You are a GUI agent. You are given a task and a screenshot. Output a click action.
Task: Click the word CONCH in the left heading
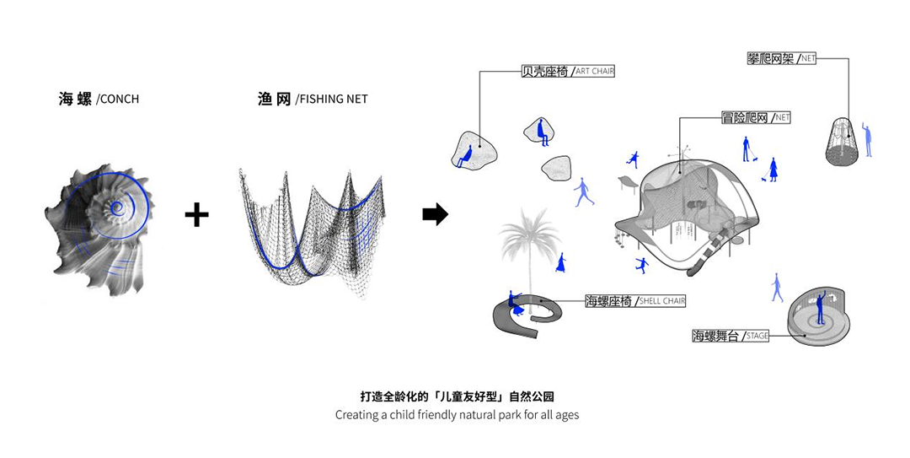click(x=119, y=100)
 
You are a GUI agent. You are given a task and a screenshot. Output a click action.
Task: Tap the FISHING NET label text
click(x=332, y=100)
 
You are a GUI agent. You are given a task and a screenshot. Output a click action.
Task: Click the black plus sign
click(x=196, y=214)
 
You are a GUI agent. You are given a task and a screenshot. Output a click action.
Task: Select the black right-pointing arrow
click(x=435, y=214)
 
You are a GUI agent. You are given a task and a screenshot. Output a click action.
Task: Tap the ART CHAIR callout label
click(x=595, y=72)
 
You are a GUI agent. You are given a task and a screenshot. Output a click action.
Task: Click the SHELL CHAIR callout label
click(x=662, y=301)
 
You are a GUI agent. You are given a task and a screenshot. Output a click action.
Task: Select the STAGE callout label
click(x=757, y=336)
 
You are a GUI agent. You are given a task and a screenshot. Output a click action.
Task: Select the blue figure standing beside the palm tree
click(x=559, y=261)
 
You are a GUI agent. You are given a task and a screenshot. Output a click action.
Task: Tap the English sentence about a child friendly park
click(x=457, y=415)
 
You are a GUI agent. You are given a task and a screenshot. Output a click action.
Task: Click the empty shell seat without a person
click(x=556, y=169)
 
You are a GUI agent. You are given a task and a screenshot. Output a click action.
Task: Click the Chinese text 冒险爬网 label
click(x=746, y=118)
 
